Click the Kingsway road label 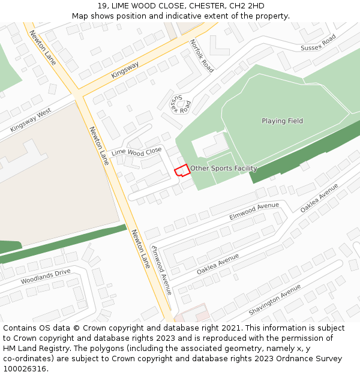[x=125, y=70]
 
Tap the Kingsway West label [x=31, y=121]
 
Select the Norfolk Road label [x=202, y=56]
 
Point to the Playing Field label [x=282, y=121]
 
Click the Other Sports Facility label [x=224, y=169]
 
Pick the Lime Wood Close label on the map [x=137, y=151]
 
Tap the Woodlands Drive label [x=46, y=277]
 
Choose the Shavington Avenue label [x=274, y=299]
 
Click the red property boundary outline [x=182, y=170]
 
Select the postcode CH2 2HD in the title [x=247, y=6]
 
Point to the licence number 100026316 [x=25, y=368]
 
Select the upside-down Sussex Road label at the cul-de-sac [x=180, y=104]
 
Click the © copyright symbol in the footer [x=76, y=328]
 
